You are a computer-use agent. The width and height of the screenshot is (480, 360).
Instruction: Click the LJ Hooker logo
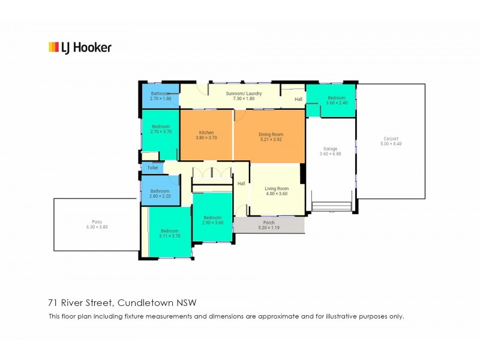(x=79, y=47)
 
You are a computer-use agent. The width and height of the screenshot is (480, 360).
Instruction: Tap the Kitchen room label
(x=206, y=133)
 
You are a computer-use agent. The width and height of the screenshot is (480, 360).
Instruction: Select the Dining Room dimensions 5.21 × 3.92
(x=271, y=139)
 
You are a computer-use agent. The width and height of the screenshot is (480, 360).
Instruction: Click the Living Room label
(x=277, y=188)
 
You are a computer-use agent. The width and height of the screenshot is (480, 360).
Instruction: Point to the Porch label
(x=269, y=223)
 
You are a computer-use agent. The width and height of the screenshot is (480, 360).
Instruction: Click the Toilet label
(x=152, y=168)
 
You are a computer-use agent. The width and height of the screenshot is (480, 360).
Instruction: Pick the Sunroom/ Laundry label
(x=244, y=94)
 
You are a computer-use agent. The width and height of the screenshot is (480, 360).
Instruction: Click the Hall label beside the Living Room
(x=241, y=184)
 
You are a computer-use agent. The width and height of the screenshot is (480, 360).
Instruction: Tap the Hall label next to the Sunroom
(x=298, y=99)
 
